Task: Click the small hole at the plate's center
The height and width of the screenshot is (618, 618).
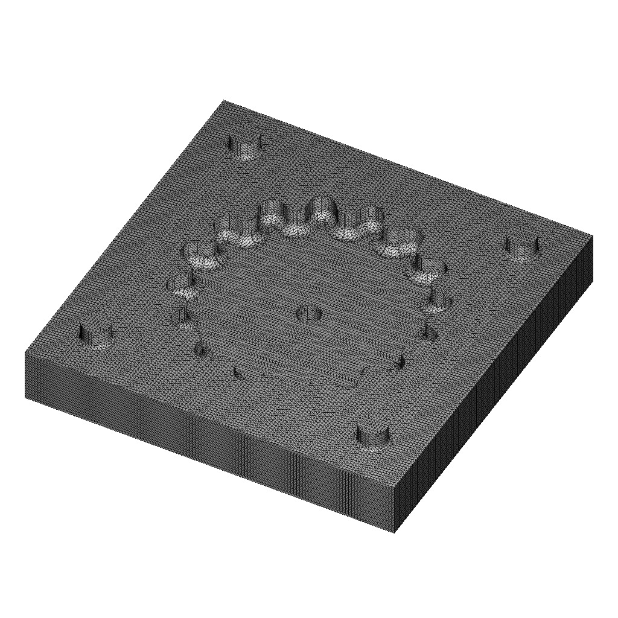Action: (310, 313)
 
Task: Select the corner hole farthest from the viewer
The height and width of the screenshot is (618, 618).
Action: (244, 147)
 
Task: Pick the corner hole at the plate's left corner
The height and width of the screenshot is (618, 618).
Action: (97, 336)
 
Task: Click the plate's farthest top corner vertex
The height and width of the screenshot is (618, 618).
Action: (224, 100)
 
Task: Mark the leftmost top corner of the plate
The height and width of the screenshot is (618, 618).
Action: (25, 352)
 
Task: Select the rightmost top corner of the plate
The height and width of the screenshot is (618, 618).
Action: (592, 235)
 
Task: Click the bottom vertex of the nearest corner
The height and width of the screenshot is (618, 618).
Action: (395, 533)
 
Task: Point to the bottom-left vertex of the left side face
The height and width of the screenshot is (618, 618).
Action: (25, 397)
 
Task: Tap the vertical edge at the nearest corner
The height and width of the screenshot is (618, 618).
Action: (395, 510)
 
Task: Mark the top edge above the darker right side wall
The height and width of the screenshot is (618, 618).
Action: (495, 361)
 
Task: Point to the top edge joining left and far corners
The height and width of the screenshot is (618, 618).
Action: (124, 227)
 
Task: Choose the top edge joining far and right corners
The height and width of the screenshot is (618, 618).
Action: (408, 168)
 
